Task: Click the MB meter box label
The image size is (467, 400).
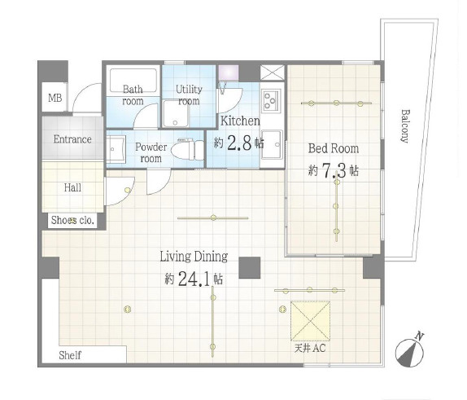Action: (x=55, y=98)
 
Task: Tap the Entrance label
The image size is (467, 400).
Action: (x=72, y=139)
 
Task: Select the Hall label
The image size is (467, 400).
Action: (x=72, y=187)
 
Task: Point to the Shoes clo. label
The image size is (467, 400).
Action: (x=72, y=221)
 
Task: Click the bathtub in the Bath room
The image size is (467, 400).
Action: (x=133, y=81)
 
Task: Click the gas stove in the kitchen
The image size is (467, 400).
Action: (x=271, y=100)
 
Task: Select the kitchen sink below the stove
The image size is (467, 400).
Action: (x=271, y=145)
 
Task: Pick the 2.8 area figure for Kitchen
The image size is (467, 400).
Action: (x=240, y=143)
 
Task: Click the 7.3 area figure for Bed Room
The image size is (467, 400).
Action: (x=334, y=170)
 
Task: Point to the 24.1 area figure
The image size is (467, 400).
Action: (x=194, y=279)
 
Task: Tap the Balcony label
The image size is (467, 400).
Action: (x=404, y=126)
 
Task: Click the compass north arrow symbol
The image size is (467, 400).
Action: (x=410, y=351)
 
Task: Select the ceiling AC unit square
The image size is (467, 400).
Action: (x=310, y=321)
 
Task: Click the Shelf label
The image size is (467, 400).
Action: (x=70, y=355)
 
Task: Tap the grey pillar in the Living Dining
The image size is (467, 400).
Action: (x=250, y=267)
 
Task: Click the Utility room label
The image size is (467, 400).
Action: (x=189, y=95)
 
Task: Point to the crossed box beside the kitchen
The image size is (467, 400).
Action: (x=273, y=73)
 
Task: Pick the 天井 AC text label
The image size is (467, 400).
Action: (x=310, y=348)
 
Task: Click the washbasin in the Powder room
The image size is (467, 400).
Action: (x=116, y=148)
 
